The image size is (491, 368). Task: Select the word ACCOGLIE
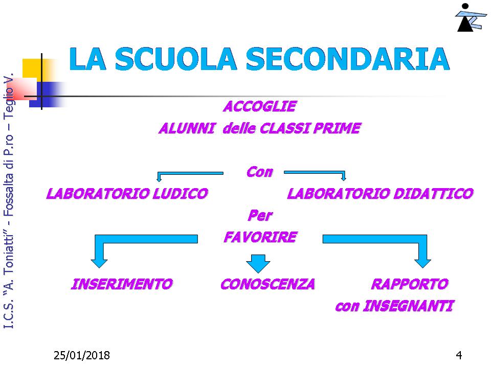click(260, 106)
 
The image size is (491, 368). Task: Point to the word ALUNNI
click(187, 128)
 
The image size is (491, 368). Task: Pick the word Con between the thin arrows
click(260, 172)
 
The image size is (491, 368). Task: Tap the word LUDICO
click(181, 194)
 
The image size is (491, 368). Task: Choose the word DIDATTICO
click(433, 194)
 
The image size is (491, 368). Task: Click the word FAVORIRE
click(260, 237)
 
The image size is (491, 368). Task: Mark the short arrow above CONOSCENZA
click(258, 264)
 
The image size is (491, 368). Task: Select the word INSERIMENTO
click(122, 284)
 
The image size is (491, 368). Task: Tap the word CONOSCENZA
click(267, 284)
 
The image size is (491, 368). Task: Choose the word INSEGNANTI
click(408, 306)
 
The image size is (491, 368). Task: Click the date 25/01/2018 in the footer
click(82, 356)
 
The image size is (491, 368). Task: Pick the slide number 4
click(459, 355)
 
